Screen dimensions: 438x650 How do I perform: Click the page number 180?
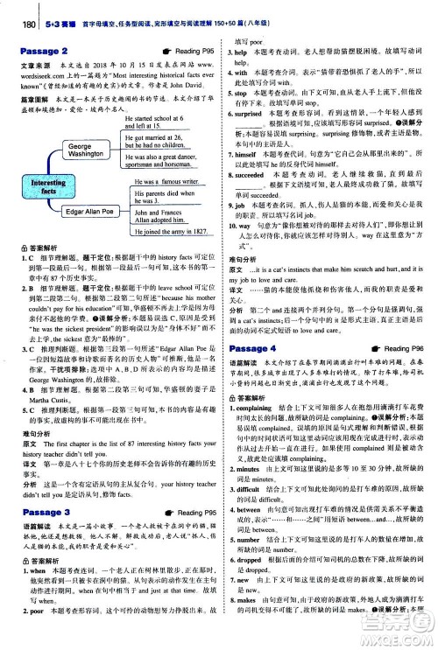point(12,10)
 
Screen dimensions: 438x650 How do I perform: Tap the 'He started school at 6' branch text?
point(164,116)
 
